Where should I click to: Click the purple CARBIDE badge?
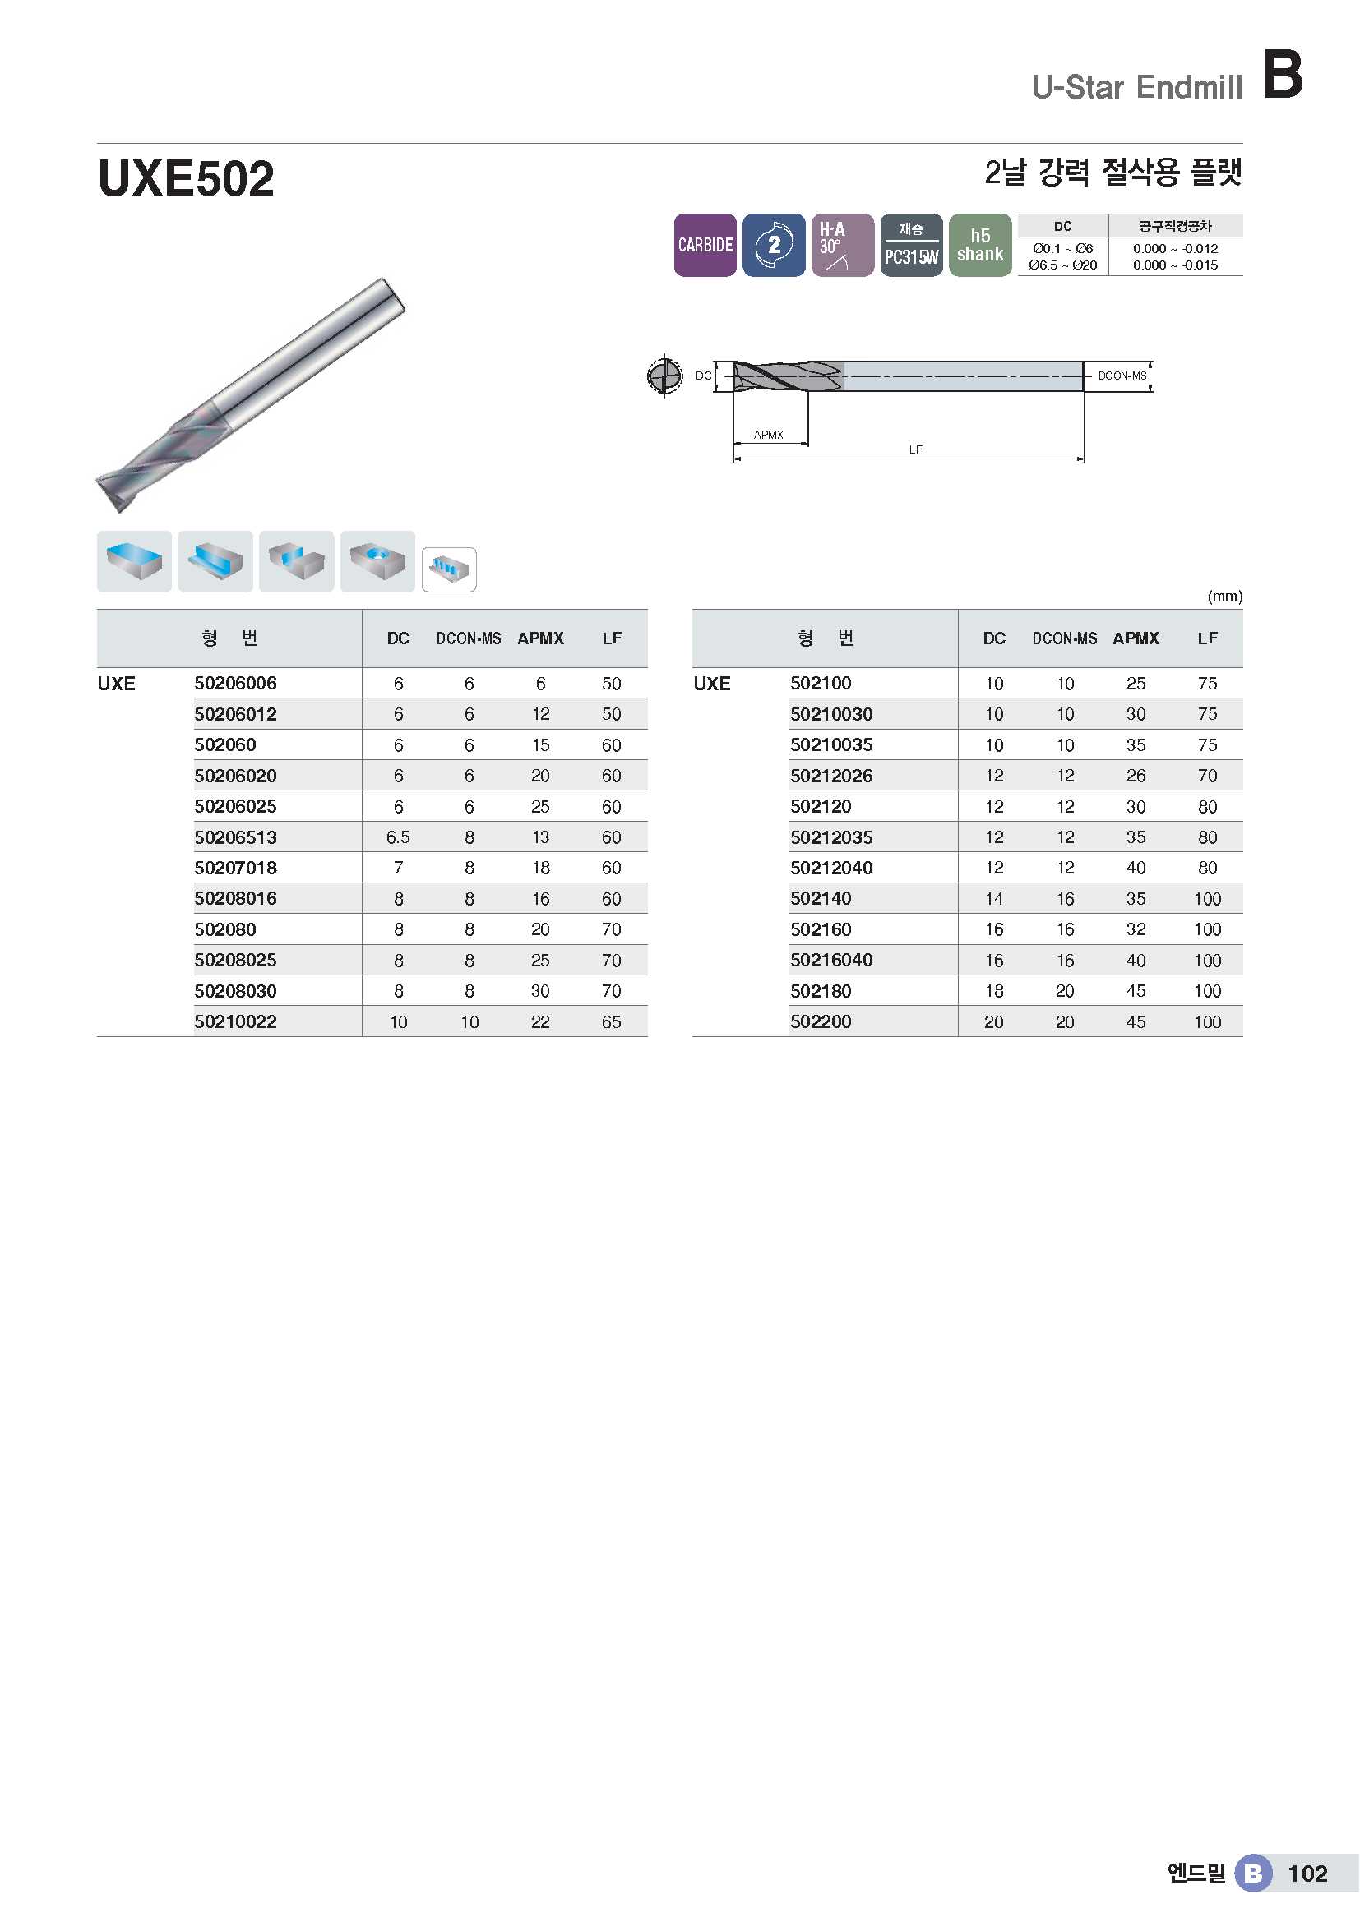705,245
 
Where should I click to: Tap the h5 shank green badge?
980,245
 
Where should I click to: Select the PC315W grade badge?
911,245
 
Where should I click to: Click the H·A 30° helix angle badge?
843,245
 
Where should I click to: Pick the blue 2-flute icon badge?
774,245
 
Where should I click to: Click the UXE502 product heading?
186,178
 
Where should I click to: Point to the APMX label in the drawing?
768,435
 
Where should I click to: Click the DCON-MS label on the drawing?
1122,376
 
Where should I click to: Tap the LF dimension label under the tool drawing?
915,449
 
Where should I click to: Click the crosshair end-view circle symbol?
664,376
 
